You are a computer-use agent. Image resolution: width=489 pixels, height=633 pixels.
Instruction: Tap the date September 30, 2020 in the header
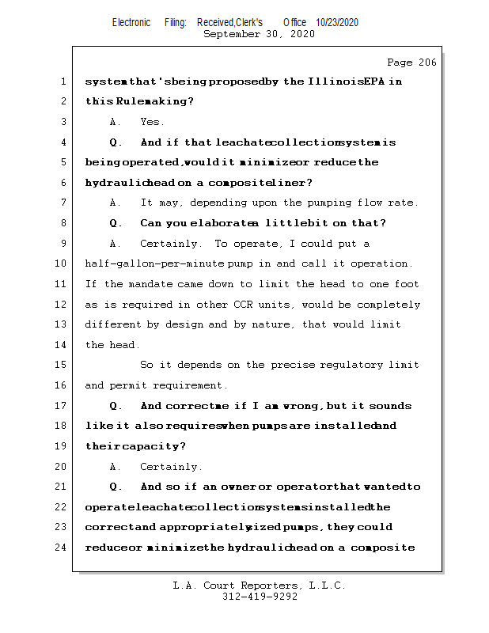coord(259,34)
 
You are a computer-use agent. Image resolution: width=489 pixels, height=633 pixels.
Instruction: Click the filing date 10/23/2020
coord(336,22)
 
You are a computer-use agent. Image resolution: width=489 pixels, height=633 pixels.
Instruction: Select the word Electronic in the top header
coord(131,22)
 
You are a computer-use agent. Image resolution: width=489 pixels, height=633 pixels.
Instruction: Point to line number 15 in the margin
coord(63,365)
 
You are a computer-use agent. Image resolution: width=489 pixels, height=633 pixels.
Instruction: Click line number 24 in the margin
coord(63,547)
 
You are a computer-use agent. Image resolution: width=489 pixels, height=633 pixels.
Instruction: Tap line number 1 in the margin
coord(63,81)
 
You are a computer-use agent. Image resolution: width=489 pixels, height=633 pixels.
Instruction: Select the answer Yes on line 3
coord(151,122)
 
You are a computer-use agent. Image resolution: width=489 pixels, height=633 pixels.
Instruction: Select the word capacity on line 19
coord(154,446)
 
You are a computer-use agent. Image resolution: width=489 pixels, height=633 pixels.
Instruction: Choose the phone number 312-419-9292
coord(260,597)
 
